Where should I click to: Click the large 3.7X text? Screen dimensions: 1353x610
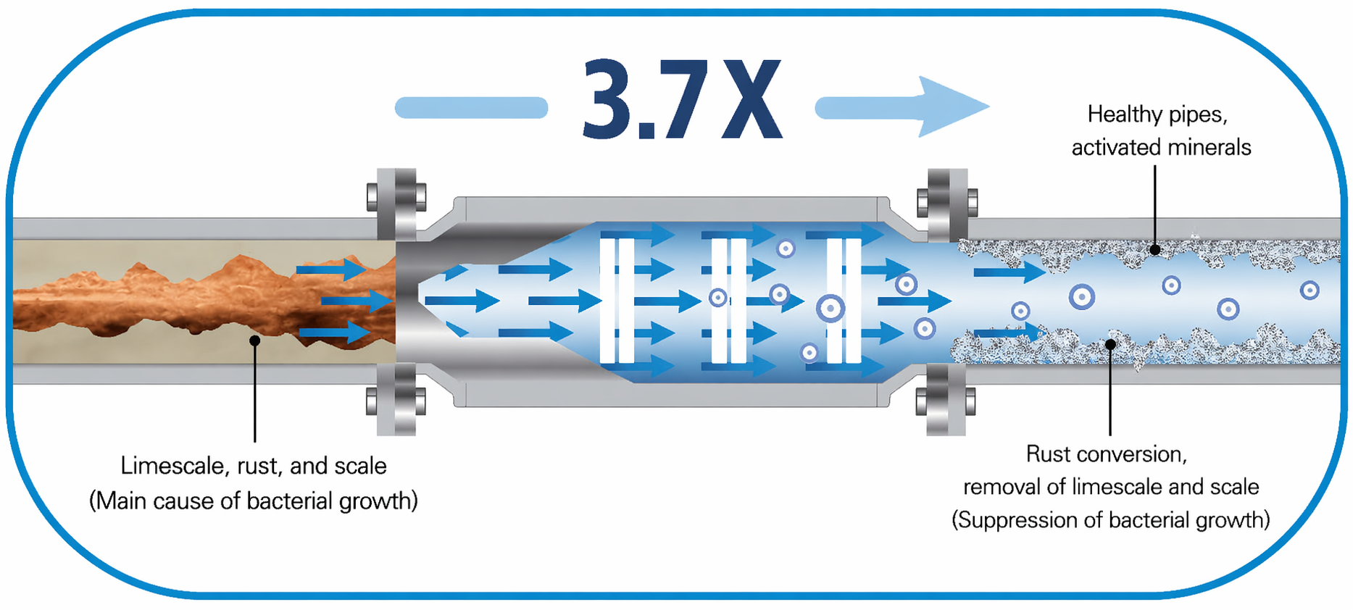coord(683,99)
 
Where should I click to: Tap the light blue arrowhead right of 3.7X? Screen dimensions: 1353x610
coord(949,106)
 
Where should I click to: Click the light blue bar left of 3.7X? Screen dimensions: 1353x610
coord(471,108)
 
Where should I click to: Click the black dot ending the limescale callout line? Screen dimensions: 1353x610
coord(254,340)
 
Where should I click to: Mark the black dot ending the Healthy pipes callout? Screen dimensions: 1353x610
coord(1155,250)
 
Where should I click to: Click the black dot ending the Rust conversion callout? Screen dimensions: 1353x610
coord(1110,343)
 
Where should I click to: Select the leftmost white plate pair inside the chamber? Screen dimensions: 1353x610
coord(617,300)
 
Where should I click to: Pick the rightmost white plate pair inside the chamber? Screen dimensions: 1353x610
coord(844,300)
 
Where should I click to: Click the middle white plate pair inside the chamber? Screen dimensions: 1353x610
coord(729,300)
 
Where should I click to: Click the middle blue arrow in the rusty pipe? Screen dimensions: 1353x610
coord(356,300)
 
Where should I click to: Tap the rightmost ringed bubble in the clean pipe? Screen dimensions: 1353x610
coord(1309,291)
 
